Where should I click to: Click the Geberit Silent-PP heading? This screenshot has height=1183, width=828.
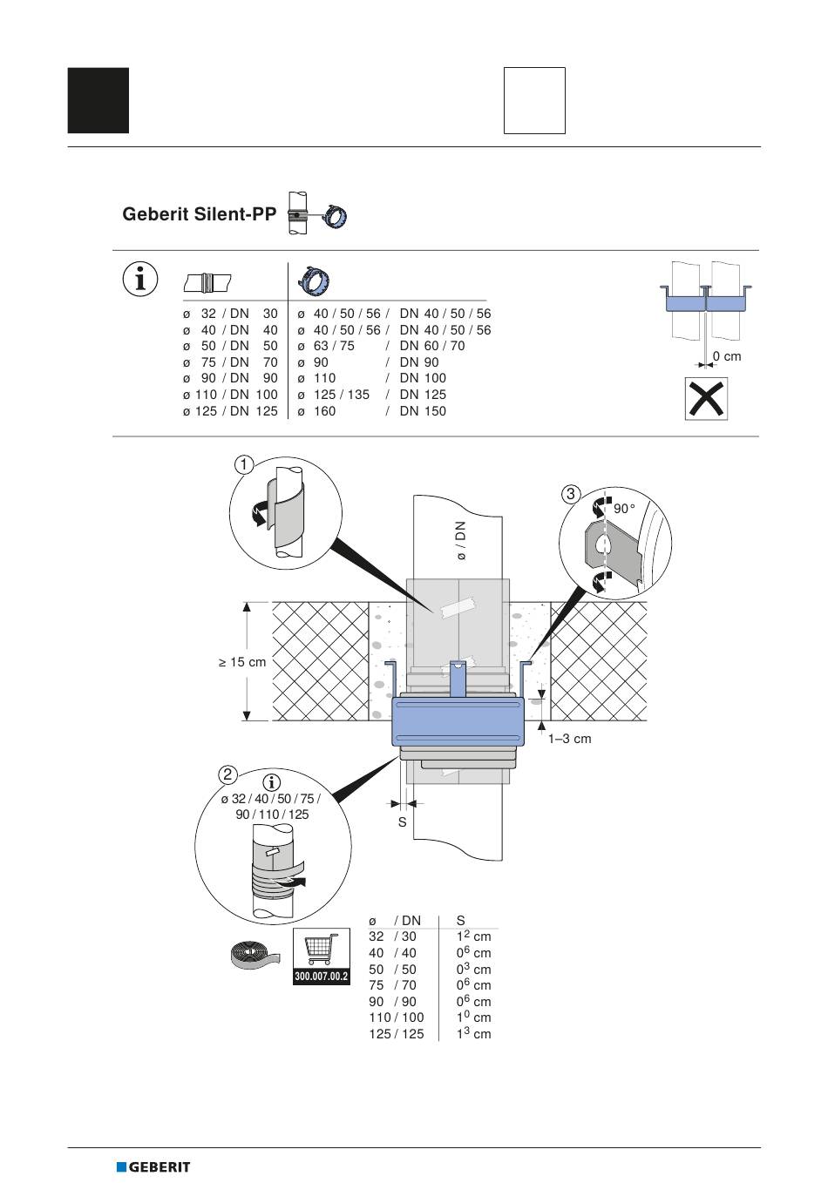200,214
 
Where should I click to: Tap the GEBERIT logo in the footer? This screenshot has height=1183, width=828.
153,1166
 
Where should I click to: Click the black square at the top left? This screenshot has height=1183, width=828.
98,100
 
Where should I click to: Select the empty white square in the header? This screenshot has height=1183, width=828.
534,100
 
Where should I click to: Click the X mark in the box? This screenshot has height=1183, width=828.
706,399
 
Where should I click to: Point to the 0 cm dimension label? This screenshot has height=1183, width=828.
727,356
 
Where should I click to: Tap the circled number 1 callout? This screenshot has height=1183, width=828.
243,465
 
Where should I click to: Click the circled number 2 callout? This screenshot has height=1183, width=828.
227,774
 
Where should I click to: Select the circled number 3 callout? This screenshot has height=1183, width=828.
571,494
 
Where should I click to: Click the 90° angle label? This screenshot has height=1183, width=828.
624,509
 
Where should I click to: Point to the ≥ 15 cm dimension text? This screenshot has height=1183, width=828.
242,662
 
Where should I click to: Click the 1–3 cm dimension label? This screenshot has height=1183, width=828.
570,739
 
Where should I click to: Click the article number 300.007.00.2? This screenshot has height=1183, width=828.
322,976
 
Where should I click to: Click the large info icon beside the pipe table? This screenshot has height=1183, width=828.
140,278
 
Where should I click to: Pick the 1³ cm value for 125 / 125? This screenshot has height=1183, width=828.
473,1033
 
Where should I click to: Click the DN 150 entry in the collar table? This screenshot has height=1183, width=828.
423,411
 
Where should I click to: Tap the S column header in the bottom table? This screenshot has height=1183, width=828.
460,921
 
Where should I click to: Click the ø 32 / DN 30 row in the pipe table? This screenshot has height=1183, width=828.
230,314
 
